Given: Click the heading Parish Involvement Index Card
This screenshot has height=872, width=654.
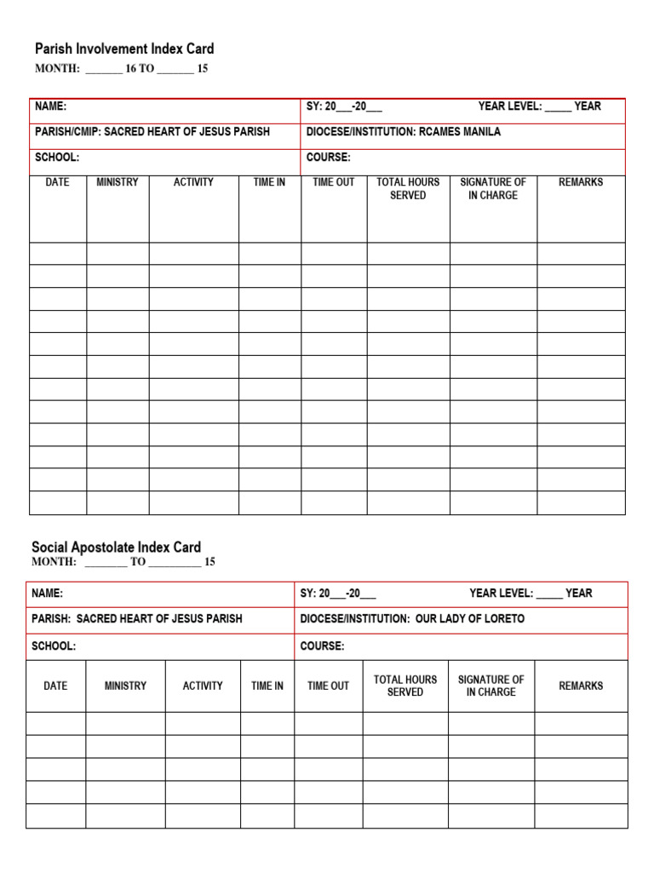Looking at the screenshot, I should [x=124, y=49].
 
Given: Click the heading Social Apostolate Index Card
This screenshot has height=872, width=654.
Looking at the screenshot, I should [x=116, y=548].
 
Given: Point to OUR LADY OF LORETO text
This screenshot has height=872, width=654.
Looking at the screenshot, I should [x=470, y=619].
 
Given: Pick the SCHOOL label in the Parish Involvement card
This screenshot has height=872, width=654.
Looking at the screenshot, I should [x=57, y=158].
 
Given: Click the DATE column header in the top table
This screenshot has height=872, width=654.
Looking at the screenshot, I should [x=58, y=182].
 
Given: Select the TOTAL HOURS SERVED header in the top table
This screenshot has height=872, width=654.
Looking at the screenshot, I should [x=408, y=188].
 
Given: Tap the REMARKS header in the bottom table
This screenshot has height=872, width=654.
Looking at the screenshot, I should [x=581, y=686].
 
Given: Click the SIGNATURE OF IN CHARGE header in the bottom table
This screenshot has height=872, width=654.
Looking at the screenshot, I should [x=490, y=686].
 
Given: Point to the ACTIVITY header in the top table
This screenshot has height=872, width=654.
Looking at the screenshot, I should [x=193, y=182].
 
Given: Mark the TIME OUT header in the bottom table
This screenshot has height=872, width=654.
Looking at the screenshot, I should [x=328, y=686].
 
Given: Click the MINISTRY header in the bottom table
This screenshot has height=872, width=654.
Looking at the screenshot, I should [x=125, y=686].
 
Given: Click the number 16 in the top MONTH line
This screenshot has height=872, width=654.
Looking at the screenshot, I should [x=131, y=69].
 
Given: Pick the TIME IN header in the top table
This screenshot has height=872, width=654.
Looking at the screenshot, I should [x=269, y=182].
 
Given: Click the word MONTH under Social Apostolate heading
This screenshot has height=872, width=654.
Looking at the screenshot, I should [x=54, y=562].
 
